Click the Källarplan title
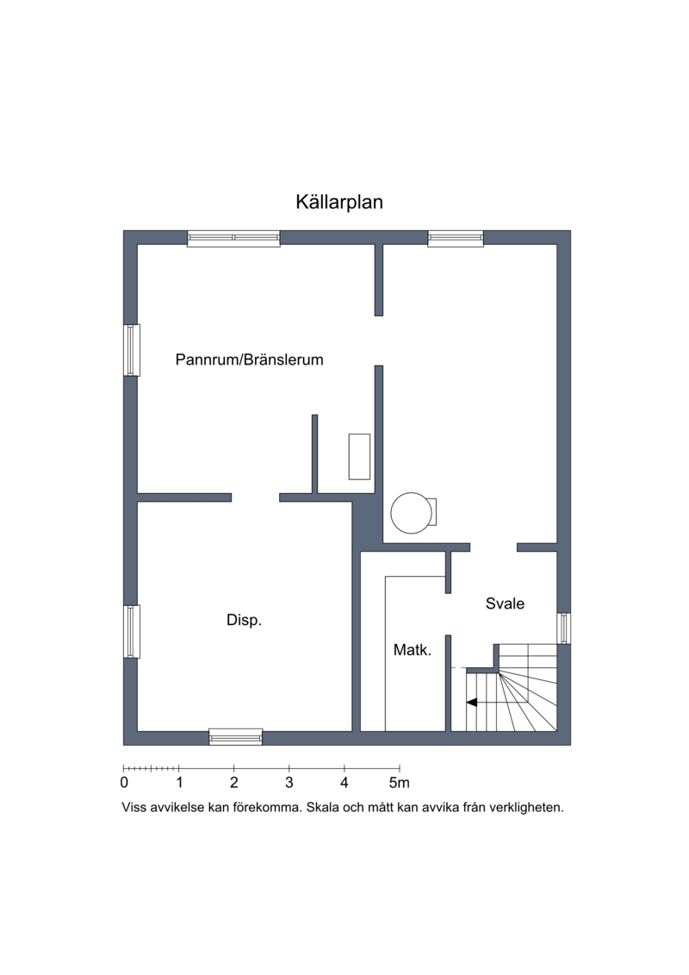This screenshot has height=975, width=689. pos(339,202)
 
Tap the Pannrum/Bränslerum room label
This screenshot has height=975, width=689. pos(249,359)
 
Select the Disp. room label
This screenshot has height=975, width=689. pos(244,620)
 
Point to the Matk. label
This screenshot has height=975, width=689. pos(413,650)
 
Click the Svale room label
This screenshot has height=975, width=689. pos(505,603)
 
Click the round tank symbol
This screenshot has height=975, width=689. pos(412,513)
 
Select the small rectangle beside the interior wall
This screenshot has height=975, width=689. pos(359,456)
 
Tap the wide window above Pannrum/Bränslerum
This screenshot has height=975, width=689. pos(233,238)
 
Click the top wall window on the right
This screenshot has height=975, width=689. pos(456,238)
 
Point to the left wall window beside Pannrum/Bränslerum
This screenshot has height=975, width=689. pos(132,350)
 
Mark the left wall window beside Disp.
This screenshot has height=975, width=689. pos(132,631)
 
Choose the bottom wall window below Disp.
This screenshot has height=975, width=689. pos(235,737)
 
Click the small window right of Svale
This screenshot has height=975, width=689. pos(563,628)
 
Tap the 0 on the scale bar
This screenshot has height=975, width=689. pos(124,782)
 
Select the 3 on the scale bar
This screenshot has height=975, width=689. pos(289,782)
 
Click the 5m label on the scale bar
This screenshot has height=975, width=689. pos(400,782)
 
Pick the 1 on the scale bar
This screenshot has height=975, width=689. pos(179,782)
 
